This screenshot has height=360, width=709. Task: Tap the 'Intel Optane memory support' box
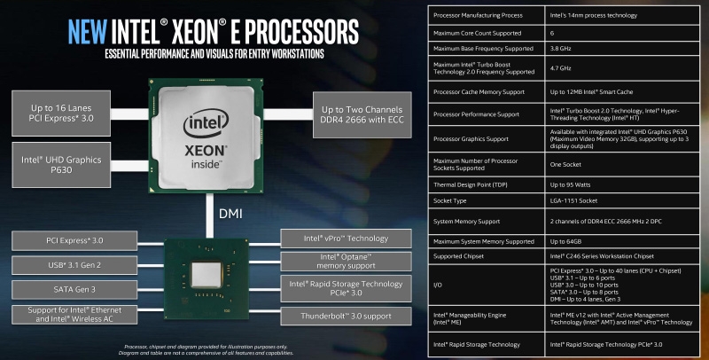[x=346, y=261]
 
